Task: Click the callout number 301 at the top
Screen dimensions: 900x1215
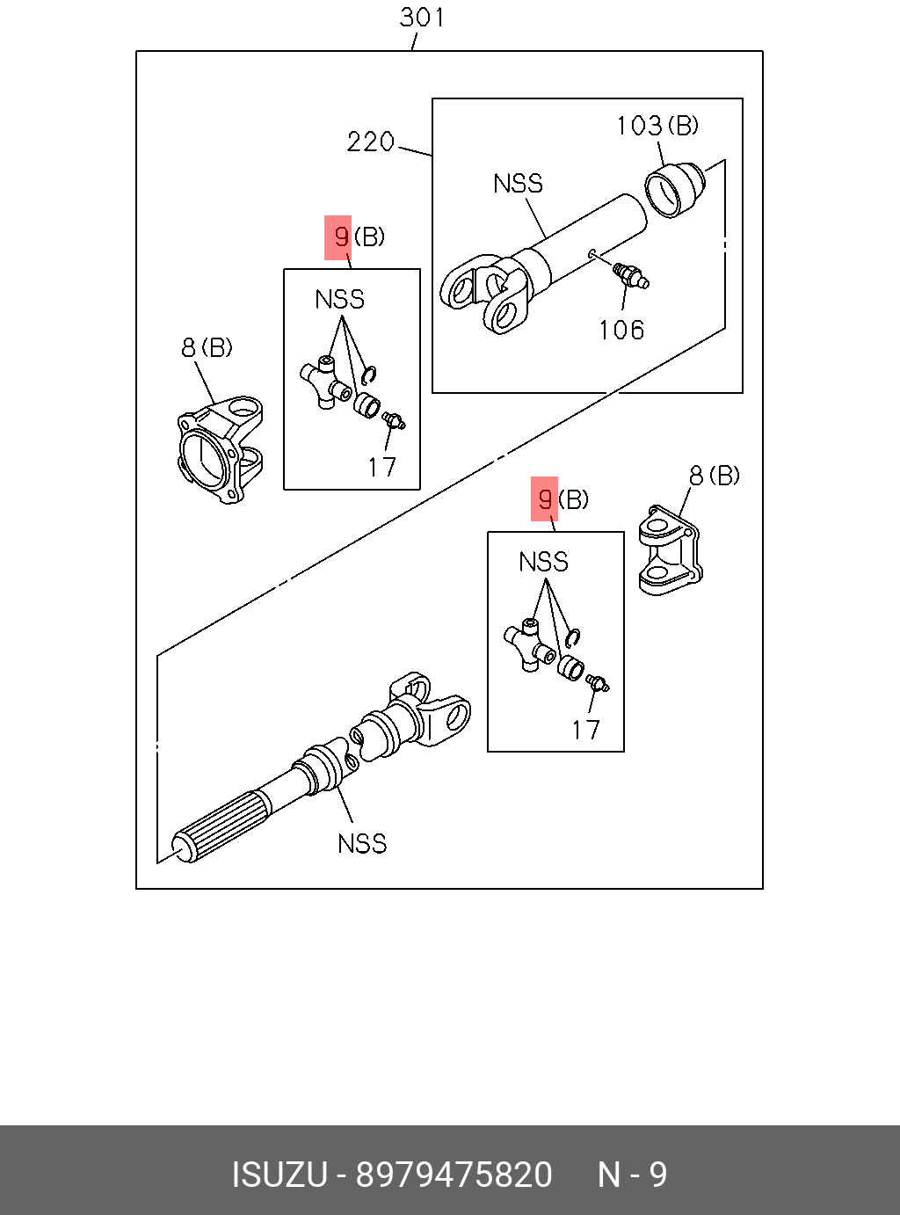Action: point(422,18)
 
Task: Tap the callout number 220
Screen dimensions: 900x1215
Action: point(370,142)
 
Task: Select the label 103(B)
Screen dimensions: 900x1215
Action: point(657,126)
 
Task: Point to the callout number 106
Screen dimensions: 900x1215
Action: point(621,330)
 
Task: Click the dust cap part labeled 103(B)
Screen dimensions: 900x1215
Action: point(674,189)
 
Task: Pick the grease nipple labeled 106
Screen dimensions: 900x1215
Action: point(631,275)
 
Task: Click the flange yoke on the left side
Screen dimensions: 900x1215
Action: point(220,450)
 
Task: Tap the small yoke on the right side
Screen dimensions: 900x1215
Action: point(670,550)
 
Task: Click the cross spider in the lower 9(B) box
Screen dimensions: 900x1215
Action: point(529,644)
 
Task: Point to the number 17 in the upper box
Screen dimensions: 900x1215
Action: point(381,467)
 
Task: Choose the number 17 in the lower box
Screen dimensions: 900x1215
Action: point(585,730)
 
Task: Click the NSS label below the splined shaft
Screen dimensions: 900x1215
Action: point(362,844)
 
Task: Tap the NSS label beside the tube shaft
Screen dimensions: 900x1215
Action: point(518,184)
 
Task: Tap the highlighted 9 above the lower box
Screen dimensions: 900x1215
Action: point(545,499)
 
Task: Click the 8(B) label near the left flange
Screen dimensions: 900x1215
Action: point(207,347)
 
